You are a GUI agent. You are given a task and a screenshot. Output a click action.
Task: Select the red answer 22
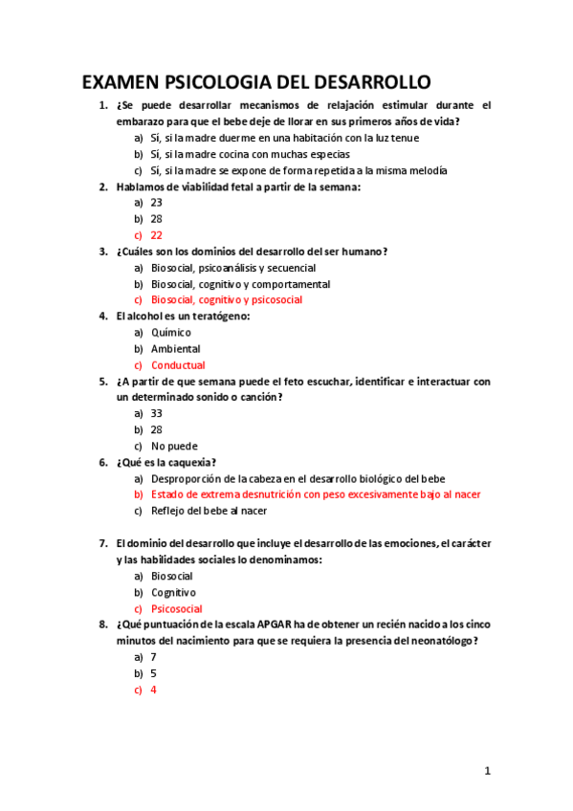coord(157,235)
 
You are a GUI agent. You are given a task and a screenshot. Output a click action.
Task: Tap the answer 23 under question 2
coord(157,203)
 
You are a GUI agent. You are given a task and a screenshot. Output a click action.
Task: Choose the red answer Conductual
coord(178,365)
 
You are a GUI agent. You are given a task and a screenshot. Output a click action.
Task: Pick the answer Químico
coord(171,333)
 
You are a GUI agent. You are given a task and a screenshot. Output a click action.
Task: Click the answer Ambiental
coord(176,349)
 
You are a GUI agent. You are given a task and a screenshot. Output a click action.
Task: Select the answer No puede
coord(173,446)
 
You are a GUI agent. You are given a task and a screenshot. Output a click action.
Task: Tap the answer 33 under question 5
coord(157,413)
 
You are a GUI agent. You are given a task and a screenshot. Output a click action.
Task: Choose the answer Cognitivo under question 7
coord(174,592)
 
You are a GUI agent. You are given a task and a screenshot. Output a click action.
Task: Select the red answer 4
coord(154,690)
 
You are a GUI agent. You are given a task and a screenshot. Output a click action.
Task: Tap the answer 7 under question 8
coord(154,657)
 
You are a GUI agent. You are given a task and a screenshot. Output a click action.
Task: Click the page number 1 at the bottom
coord(487,771)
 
